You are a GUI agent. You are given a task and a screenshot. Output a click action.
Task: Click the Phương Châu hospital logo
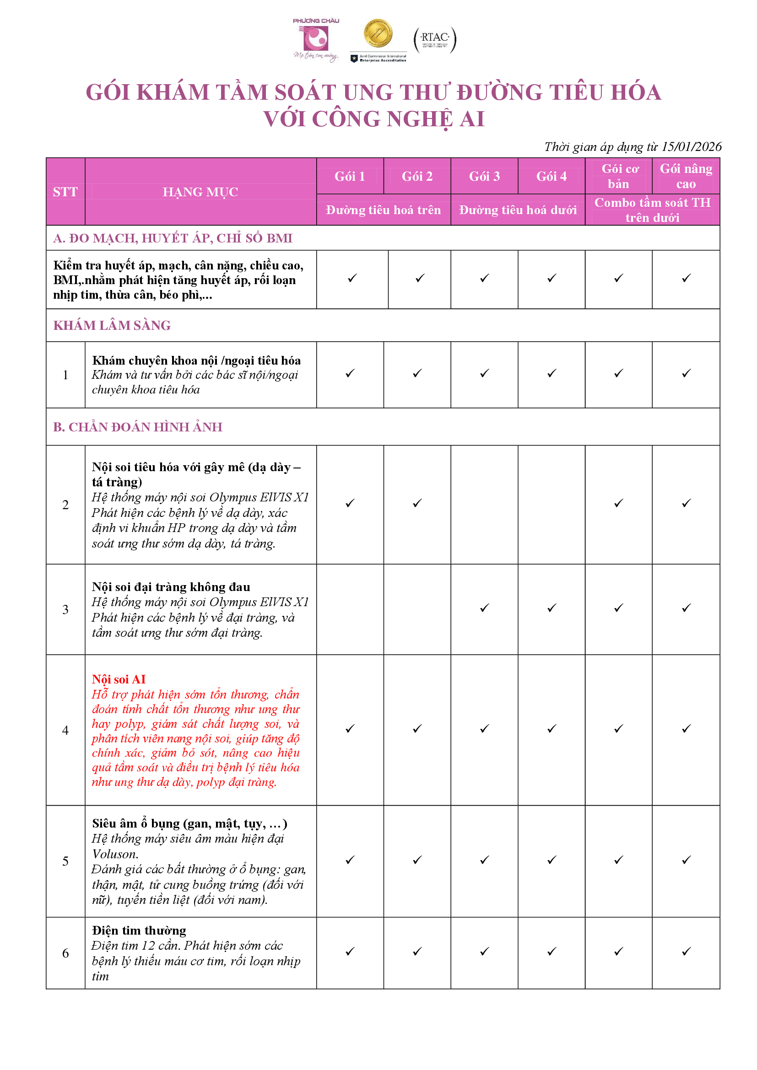[x=316, y=40]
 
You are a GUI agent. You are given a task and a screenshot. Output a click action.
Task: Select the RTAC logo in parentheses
[x=434, y=40]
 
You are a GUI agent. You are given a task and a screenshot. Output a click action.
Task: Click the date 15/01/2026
[x=691, y=147]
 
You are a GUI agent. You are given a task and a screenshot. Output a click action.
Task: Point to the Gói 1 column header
[x=350, y=176]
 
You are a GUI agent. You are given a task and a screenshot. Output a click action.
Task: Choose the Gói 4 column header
[x=552, y=176]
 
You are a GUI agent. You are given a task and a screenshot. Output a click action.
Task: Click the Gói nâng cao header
[x=686, y=176]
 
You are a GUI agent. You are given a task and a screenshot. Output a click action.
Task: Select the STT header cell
[x=65, y=192]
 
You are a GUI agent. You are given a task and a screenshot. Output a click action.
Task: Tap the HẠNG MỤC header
[x=200, y=192]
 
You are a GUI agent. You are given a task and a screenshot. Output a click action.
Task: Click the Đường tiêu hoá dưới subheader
[x=518, y=210]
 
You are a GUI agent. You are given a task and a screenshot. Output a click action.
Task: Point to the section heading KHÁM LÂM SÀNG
[x=112, y=325]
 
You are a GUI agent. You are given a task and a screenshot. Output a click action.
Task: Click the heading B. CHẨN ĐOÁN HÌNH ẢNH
[x=137, y=427]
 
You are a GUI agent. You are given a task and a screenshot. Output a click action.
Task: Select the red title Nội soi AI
[x=119, y=679]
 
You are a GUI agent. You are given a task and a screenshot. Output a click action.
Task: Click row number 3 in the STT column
[x=65, y=609]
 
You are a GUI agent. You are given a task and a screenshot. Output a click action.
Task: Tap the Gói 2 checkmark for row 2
[x=417, y=503]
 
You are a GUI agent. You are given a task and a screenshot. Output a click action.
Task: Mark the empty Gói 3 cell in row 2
[x=484, y=505]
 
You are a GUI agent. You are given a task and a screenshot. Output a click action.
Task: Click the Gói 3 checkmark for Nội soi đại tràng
[x=484, y=608]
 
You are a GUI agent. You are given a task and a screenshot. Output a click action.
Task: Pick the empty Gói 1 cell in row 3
[x=350, y=609]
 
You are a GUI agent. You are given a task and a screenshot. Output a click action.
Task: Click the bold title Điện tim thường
[x=139, y=930]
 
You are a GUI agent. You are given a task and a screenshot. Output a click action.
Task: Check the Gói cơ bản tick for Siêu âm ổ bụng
[x=619, y=860]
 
